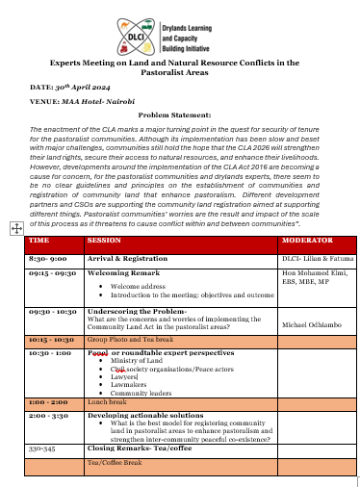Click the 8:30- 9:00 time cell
coord(47,259)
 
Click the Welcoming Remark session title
coord(122,273)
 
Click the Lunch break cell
coord(107,403)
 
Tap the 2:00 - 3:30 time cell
coord(47,415)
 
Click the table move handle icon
coord(16,228)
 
